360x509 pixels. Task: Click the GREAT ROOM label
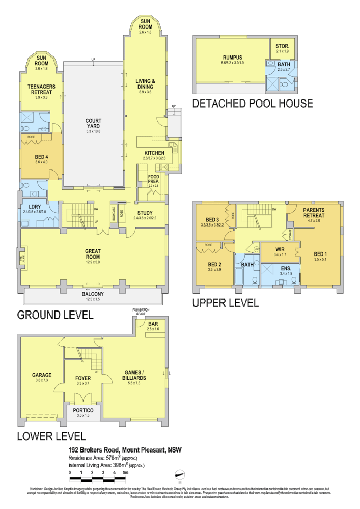[x=93, y=251]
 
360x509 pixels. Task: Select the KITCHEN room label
[x=154, y=153]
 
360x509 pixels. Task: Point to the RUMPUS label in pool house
[x=232, y=57]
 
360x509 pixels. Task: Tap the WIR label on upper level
[x=279, y=249]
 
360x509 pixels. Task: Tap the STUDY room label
[x=145, y=213]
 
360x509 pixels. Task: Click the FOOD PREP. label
[x=153, y=179]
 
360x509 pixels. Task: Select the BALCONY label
[x=93, y=294]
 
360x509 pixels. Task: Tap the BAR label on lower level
[x=152, y=324]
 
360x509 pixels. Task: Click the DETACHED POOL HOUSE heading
[x=252, y=104]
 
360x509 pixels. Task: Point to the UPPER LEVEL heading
[x=225, y=303]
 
